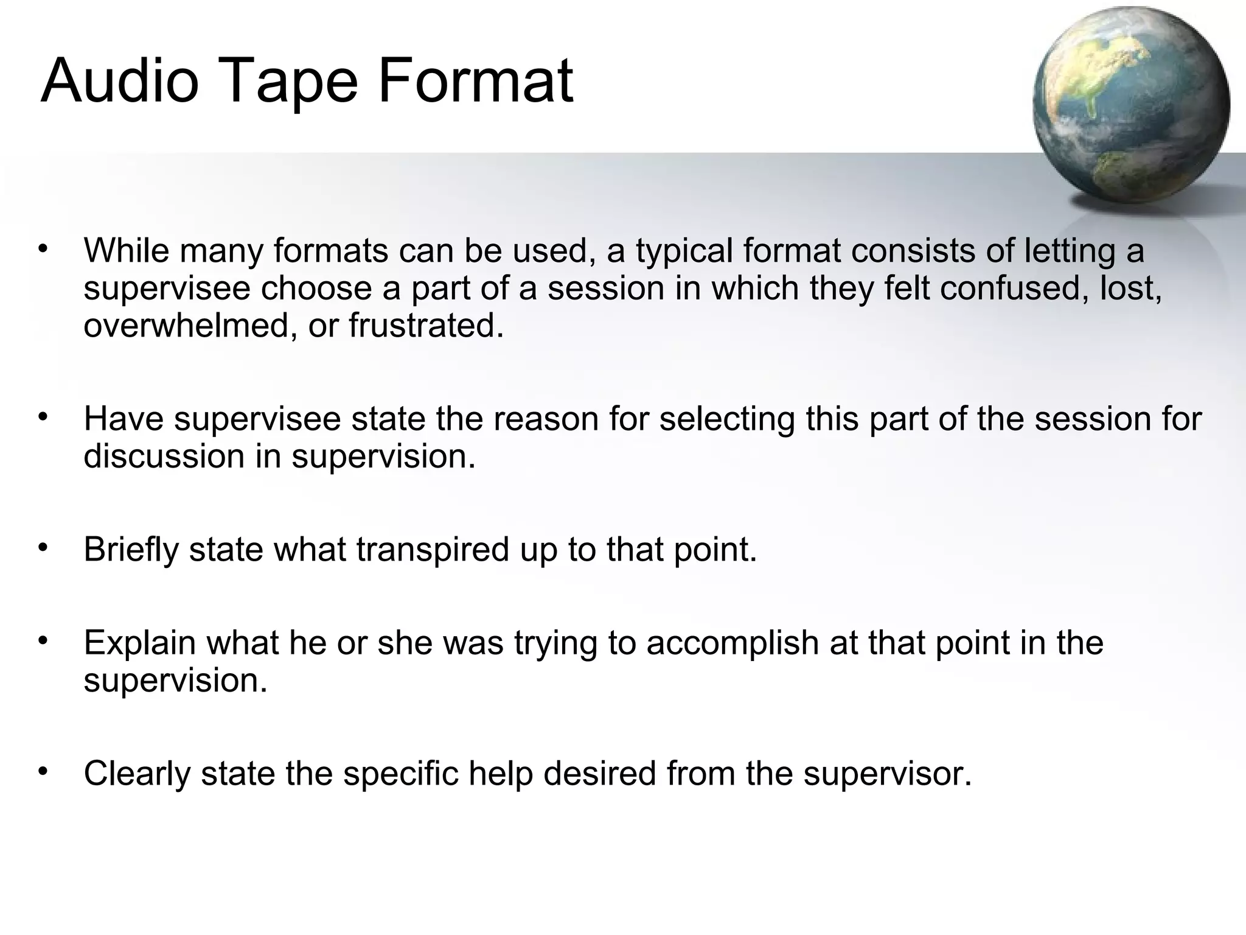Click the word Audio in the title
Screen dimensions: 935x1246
click(120, 81)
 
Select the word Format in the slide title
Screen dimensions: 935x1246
click(475, 81)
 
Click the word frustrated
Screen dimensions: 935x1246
click(426, 326)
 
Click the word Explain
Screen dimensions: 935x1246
click(139, 643)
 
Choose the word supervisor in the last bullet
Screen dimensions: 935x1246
click(887, 774)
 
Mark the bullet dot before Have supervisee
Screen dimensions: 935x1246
click(42, 418)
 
